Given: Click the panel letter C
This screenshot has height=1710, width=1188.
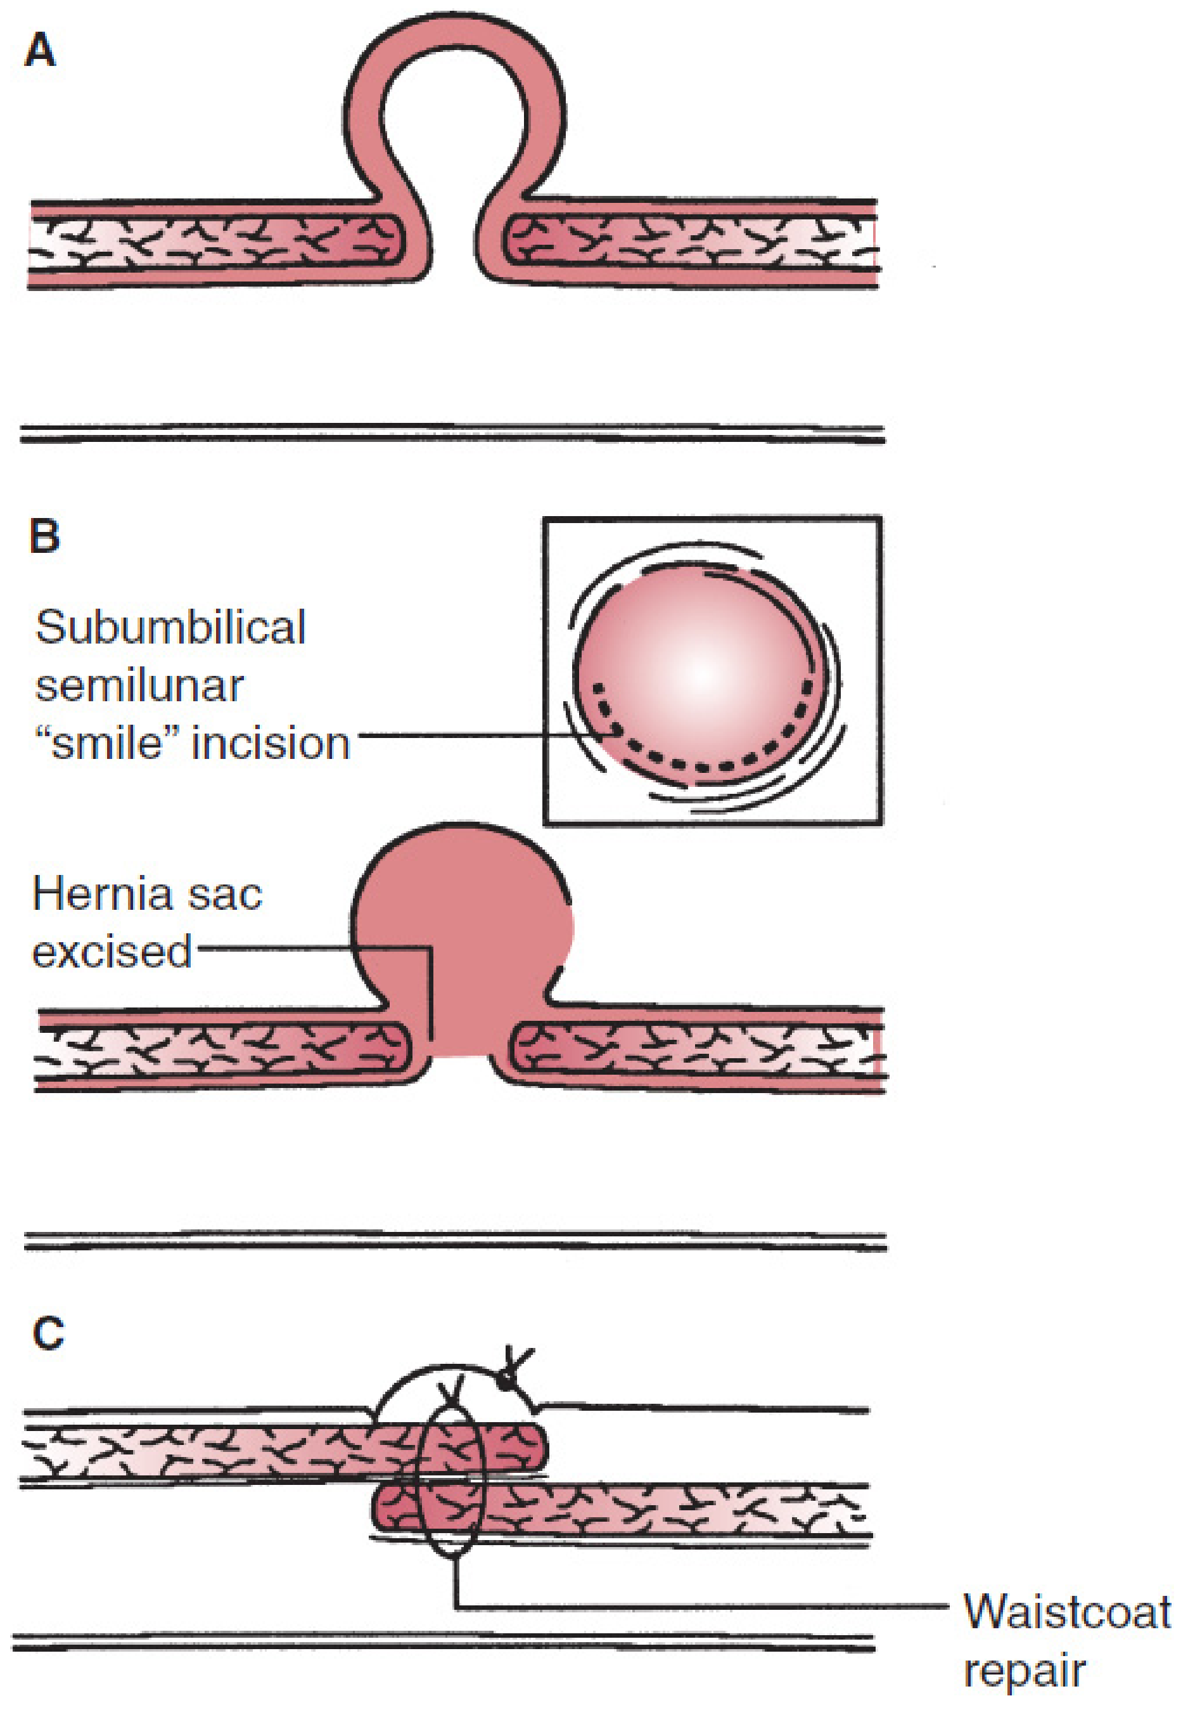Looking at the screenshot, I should coord(48,1333).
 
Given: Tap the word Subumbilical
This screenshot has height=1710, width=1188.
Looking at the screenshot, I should coord(170,627).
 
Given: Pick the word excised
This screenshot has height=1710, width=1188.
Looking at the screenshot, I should coord(112,951).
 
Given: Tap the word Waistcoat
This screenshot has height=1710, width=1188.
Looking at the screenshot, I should coord(1067,1612).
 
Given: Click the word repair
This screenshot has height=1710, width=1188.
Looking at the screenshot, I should coord(1025,1671).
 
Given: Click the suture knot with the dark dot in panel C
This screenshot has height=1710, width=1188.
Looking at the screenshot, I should coord(508,1380).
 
